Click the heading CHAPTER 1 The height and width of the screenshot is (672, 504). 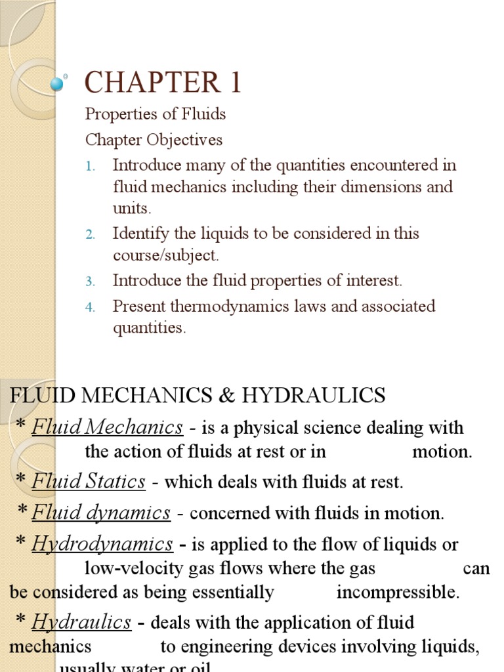pos(163,83)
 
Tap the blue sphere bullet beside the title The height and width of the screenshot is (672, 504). pos(58,83)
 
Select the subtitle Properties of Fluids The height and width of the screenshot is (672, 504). pos(155,114)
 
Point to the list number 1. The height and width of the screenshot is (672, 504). pos(91,166)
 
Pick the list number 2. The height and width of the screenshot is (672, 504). pos(91,234)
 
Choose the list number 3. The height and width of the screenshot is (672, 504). pos(91,282)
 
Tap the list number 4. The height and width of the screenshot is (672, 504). pos(91,307)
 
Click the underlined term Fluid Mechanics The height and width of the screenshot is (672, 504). pos(107,428)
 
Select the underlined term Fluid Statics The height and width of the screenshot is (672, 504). pos(89,482)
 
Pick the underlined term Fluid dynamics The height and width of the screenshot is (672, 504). pos(101,513)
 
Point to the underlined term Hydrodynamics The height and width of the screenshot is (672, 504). pos(102,545)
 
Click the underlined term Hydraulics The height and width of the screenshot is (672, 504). pos(82,621)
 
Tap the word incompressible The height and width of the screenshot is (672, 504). pos(398,593)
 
